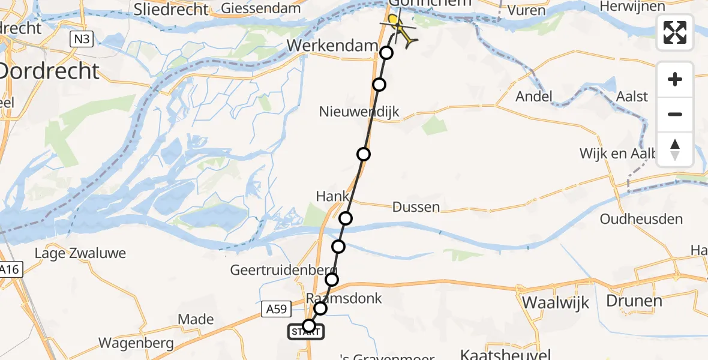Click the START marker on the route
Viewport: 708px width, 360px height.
(x=307, y=332)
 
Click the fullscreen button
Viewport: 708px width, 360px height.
(x=675, y=32)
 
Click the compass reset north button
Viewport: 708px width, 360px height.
(x=675, y=149)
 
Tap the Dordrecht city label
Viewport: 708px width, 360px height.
(x=49, y=71)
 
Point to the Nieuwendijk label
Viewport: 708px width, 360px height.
(x=359, y=112)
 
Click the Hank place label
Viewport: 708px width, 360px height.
(x=332, y=196)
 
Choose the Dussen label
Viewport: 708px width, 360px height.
(x=416, y=208)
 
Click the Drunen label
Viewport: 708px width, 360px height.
(x=634, y=301)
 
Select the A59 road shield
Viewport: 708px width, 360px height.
(x=277, y=309)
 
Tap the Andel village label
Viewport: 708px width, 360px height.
(x=534, y=97)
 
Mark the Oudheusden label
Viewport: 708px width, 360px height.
(x=642, y=219)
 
